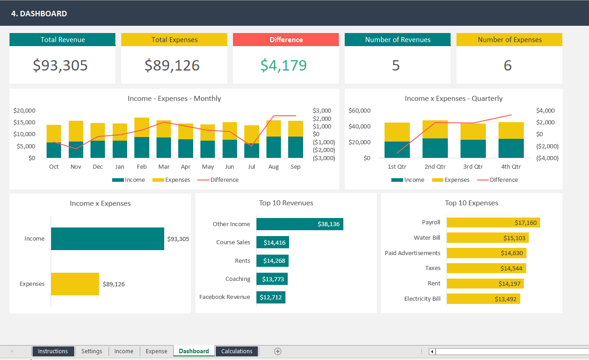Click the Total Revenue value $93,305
60,66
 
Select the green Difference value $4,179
284,66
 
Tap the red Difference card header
286,40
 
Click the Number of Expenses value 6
508,66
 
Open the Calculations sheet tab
237,351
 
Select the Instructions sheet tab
53,351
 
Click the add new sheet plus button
278,351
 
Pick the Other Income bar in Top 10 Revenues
299,224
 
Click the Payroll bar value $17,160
525,223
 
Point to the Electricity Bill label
422,298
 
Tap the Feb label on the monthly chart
142,166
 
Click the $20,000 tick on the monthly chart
24,110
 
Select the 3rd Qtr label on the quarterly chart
473,166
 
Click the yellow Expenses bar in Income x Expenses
75,284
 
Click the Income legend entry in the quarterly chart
408,180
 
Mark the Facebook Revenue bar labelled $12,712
271,297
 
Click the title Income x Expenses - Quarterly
453,99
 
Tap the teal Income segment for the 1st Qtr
397,150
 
